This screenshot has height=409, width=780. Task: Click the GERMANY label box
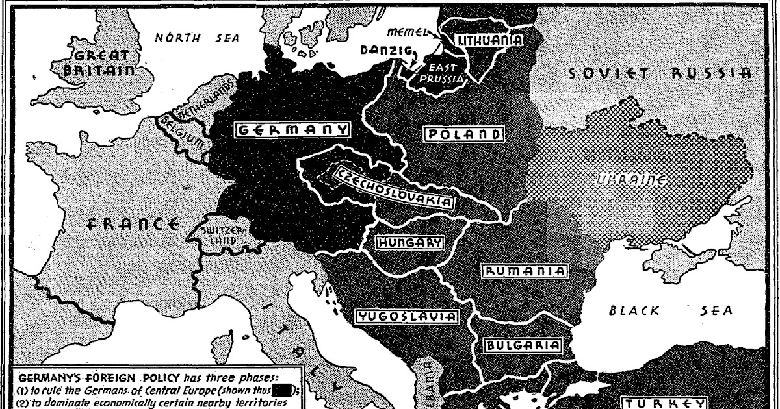pyautogui.click(x=292, y=129)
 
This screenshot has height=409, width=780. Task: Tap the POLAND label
pyautogui.click(x=464, y=135)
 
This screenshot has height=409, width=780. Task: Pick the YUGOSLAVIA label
pyautogui.click(x=406, y=317)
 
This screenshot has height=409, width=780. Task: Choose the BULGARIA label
pyautogui.click(x=522, y=345)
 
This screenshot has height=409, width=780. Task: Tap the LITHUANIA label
pyautogui.click(x=491, y=40)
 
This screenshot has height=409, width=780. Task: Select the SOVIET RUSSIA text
pyautogui.click(x=659, y=73)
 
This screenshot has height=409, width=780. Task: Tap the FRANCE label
pyautogui.click(x=133, y=225)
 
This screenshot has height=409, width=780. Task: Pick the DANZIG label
pyautogui.click(x=383, y=49)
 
